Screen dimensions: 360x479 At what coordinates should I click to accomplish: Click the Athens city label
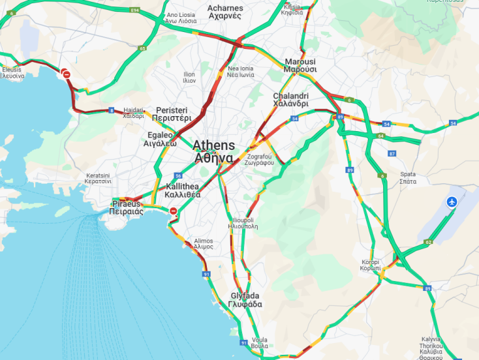213,151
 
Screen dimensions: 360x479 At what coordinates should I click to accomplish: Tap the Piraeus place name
126,208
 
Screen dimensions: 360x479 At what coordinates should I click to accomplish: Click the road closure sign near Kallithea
173,211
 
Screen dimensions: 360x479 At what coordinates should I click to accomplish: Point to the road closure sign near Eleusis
67,75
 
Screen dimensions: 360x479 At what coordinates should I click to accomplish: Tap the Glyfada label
245,300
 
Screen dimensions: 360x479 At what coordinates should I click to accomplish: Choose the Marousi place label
300,65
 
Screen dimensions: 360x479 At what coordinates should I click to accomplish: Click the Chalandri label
290,100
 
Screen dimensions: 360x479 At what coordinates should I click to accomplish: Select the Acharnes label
225,12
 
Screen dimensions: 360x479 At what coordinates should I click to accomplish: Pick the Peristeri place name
171,115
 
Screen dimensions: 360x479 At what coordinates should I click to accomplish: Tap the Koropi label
370,265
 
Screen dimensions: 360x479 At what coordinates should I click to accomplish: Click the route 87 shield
392,153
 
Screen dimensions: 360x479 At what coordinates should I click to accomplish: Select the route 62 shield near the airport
428,243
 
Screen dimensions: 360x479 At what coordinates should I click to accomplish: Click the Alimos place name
203,244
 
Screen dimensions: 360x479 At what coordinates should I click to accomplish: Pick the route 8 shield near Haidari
112,110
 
